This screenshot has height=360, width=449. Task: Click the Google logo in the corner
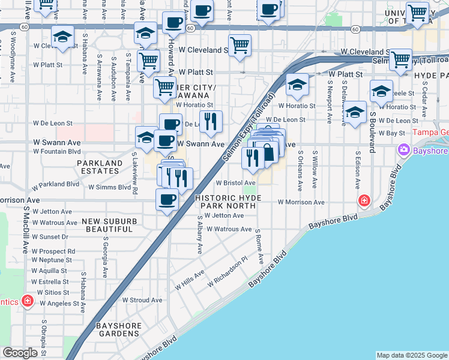20,353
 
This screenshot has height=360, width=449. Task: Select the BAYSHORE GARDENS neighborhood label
119,329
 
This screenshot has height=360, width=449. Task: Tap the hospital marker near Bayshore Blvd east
363,200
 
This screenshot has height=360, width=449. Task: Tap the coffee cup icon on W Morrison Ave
167,199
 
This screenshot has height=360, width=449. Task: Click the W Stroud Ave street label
142,299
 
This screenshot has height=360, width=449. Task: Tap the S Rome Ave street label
260,246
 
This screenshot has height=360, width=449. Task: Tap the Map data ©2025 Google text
411,355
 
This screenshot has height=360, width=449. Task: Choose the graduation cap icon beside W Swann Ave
145,137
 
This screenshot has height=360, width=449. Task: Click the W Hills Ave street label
190,280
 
